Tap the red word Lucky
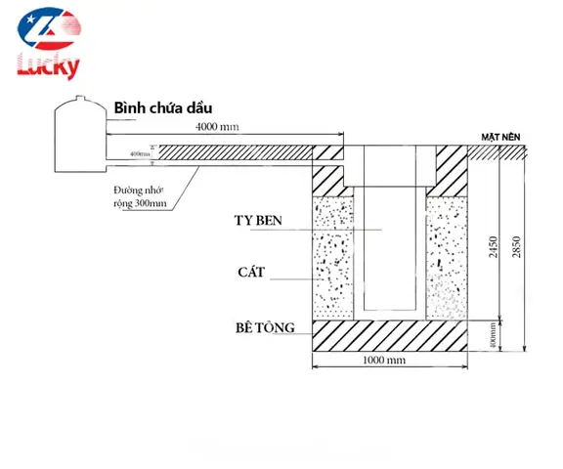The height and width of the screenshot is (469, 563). click(x=48, y=65)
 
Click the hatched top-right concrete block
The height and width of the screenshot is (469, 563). click(x=449, y=170)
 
